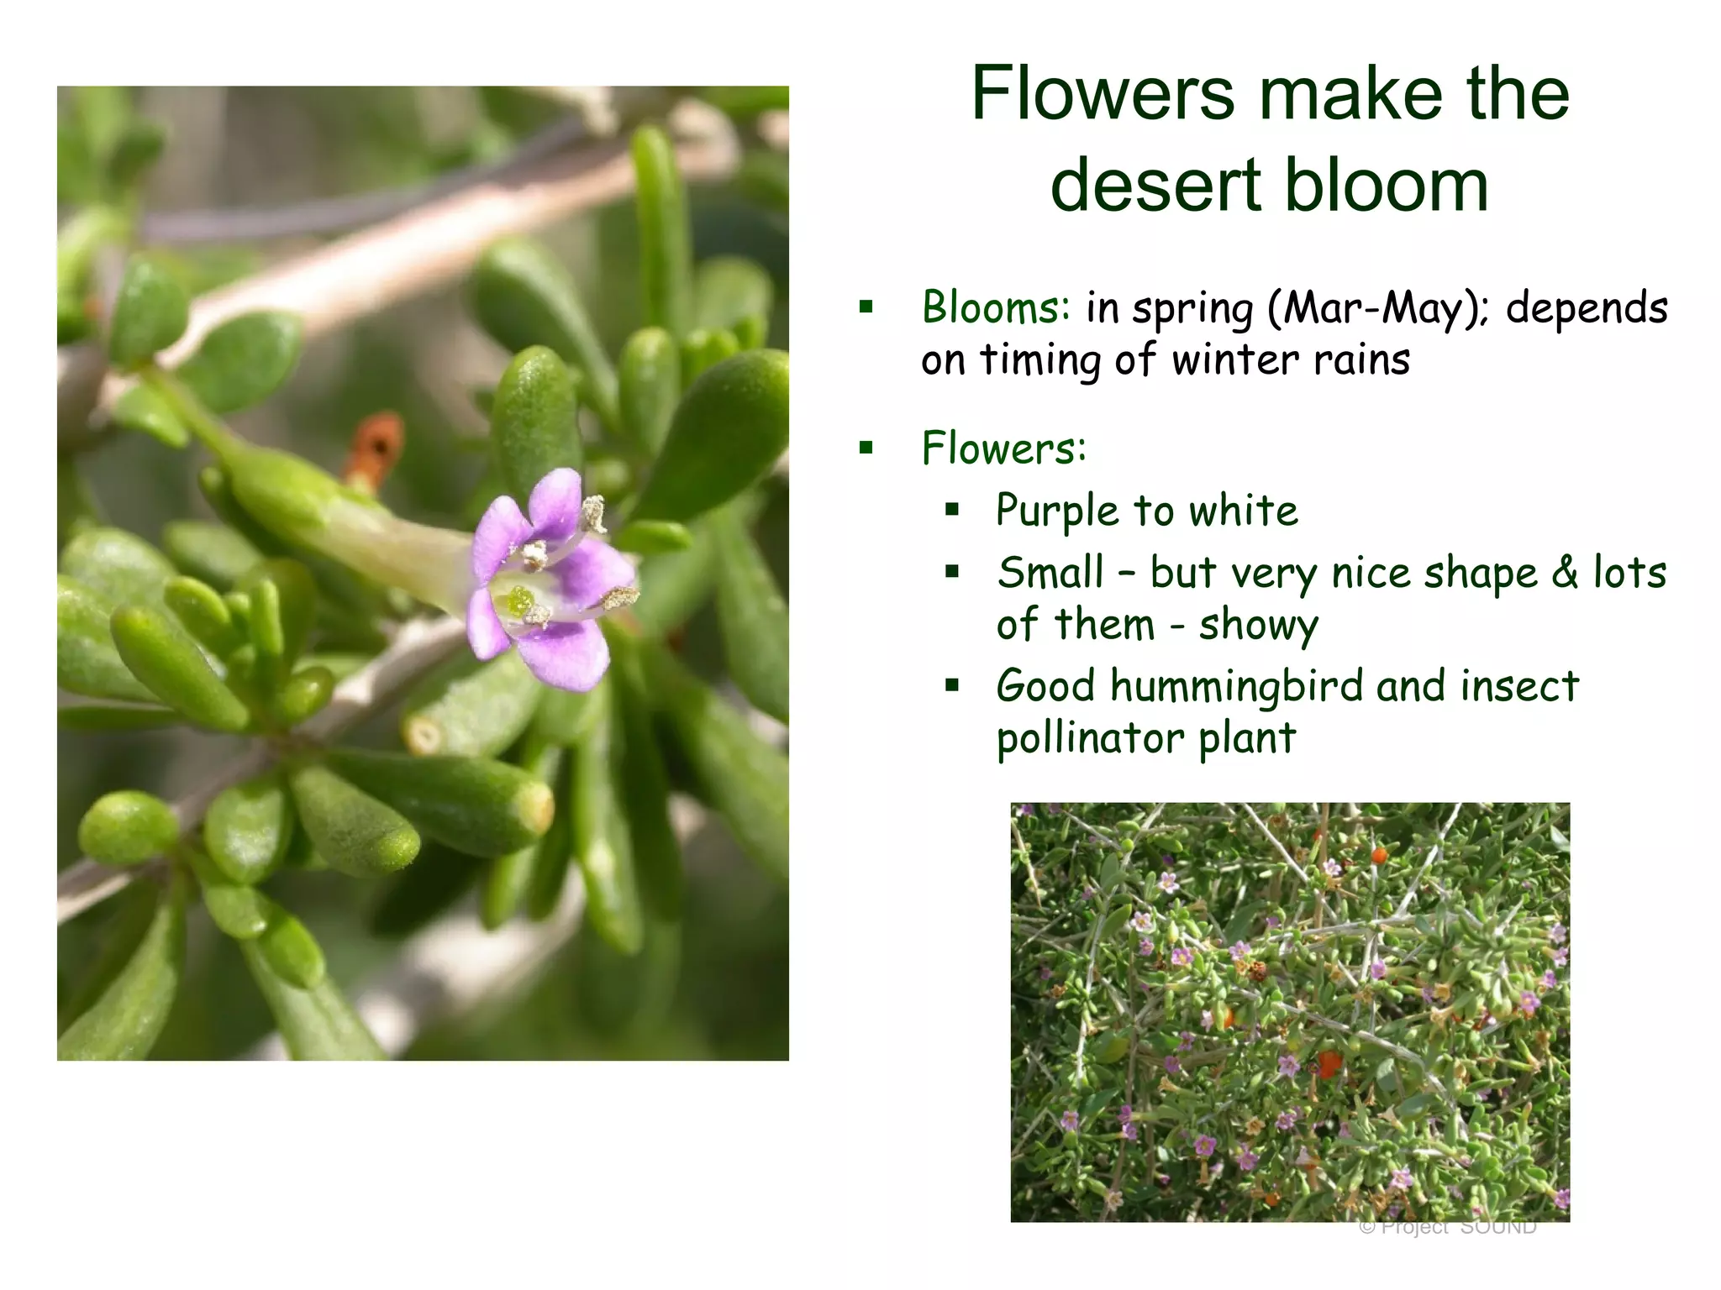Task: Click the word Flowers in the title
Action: (x=1103, y=93)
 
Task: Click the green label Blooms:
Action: (x=996, y=307)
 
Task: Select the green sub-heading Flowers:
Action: (x=1004, y=448)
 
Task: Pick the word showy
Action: (x=1258, y=626)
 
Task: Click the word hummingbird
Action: (x=1239, y=686)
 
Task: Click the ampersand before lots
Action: (x=1565, y=573)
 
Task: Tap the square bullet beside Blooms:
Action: (x=866, y=307)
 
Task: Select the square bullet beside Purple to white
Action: (x=951, y=510)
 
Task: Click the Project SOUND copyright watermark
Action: (x=1447, y=1227)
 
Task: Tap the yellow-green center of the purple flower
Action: (x=519, y=601)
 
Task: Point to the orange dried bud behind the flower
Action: (x=376, y=449)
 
